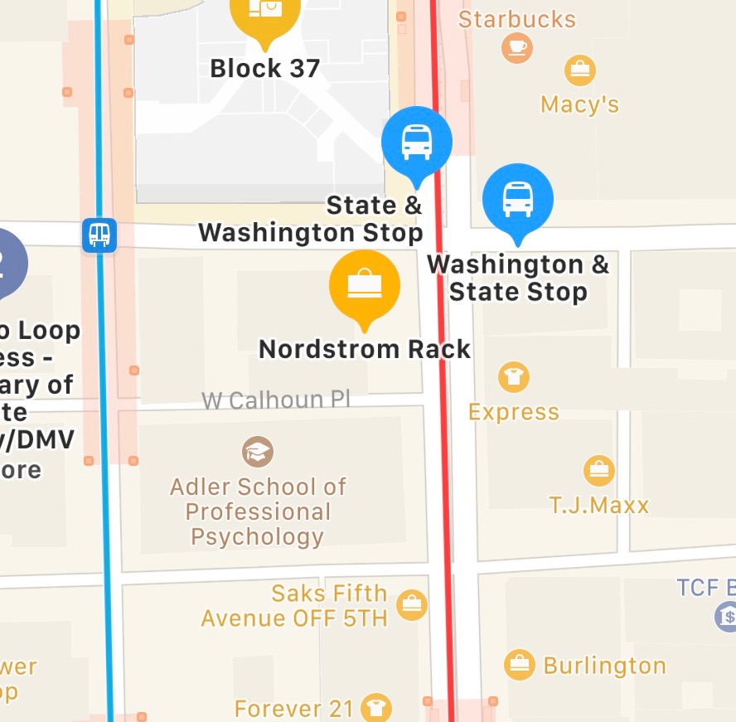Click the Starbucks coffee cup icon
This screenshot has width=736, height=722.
[517, 47]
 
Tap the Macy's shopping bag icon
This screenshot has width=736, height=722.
[580, 70]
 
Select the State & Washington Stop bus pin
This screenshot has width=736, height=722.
[416, 142]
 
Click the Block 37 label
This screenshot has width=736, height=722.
[265, 68]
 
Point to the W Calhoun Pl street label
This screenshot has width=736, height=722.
[276, 400]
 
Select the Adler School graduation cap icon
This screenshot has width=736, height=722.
[258, 452]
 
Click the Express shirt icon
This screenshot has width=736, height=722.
[514, 377]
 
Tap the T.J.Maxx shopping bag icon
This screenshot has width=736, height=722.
[598, 471]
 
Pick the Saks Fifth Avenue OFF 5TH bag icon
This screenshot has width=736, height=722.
[411, 605]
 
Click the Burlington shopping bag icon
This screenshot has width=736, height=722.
[520, 665]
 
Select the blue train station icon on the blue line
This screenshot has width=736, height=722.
[99, 235]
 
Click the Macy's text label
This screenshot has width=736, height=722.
[579, 104]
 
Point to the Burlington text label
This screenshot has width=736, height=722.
[604, 666]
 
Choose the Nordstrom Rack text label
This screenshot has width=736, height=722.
[365, 349]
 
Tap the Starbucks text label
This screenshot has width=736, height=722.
[517, 19]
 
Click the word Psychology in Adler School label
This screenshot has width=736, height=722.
[257, 536]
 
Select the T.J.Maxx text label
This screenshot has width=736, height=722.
[599, 505]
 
